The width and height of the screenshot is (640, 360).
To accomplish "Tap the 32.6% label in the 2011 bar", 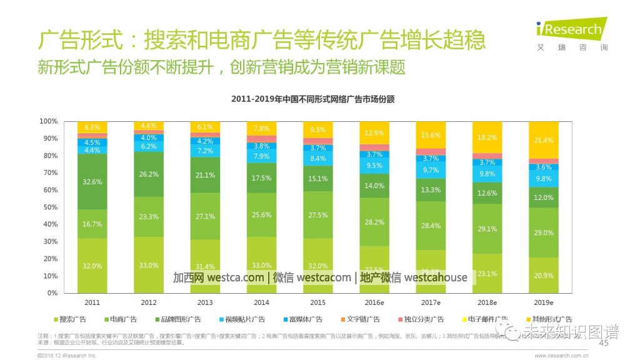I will coord(92,182).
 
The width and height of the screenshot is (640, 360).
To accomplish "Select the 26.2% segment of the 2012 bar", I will coord(149,174).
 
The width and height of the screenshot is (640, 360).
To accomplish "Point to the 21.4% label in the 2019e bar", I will coord(544,140).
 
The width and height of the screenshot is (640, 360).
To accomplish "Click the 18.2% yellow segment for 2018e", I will coord(487,137).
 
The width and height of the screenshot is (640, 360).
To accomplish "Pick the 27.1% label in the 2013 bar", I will coord(205,216).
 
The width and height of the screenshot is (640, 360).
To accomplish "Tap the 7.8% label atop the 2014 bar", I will coord(262,128).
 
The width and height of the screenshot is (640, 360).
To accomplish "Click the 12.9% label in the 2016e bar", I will coord(374,132).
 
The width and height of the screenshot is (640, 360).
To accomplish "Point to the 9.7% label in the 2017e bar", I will coord(431,170).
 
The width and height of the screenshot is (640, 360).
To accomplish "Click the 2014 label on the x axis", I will coord(262,302).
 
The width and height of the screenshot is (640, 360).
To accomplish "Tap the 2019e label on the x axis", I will coord(544,302).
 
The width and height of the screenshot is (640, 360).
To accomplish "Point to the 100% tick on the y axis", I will coord(49,121).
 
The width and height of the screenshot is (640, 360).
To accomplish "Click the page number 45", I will coord(604,344).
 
